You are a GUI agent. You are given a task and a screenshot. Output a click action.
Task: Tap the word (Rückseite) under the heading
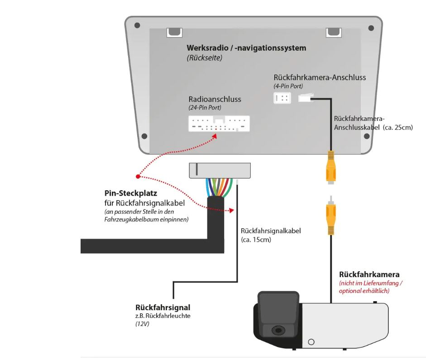[204, 58]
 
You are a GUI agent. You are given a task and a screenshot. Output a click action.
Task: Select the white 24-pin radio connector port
[219, 124]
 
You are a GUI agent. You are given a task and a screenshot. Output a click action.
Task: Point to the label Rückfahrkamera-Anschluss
[320, 77]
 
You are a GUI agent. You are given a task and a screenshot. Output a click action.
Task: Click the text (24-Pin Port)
[205, 108]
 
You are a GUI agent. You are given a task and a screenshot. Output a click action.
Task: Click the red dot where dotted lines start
[137, 176]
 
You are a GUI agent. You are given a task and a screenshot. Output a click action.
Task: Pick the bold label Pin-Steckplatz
[124, 193]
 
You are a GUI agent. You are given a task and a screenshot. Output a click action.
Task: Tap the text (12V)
[143, 324]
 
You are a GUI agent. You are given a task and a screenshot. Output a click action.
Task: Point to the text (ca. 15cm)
[256, 240]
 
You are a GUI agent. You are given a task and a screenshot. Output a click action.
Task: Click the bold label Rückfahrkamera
[369, 274]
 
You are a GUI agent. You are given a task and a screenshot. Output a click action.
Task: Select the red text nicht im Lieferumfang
[371, 283]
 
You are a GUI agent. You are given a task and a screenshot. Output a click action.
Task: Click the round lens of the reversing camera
[276, 331]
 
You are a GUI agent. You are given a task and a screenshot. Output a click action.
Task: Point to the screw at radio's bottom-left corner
[144, 136]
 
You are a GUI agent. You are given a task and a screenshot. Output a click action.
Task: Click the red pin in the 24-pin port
[216, 129]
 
